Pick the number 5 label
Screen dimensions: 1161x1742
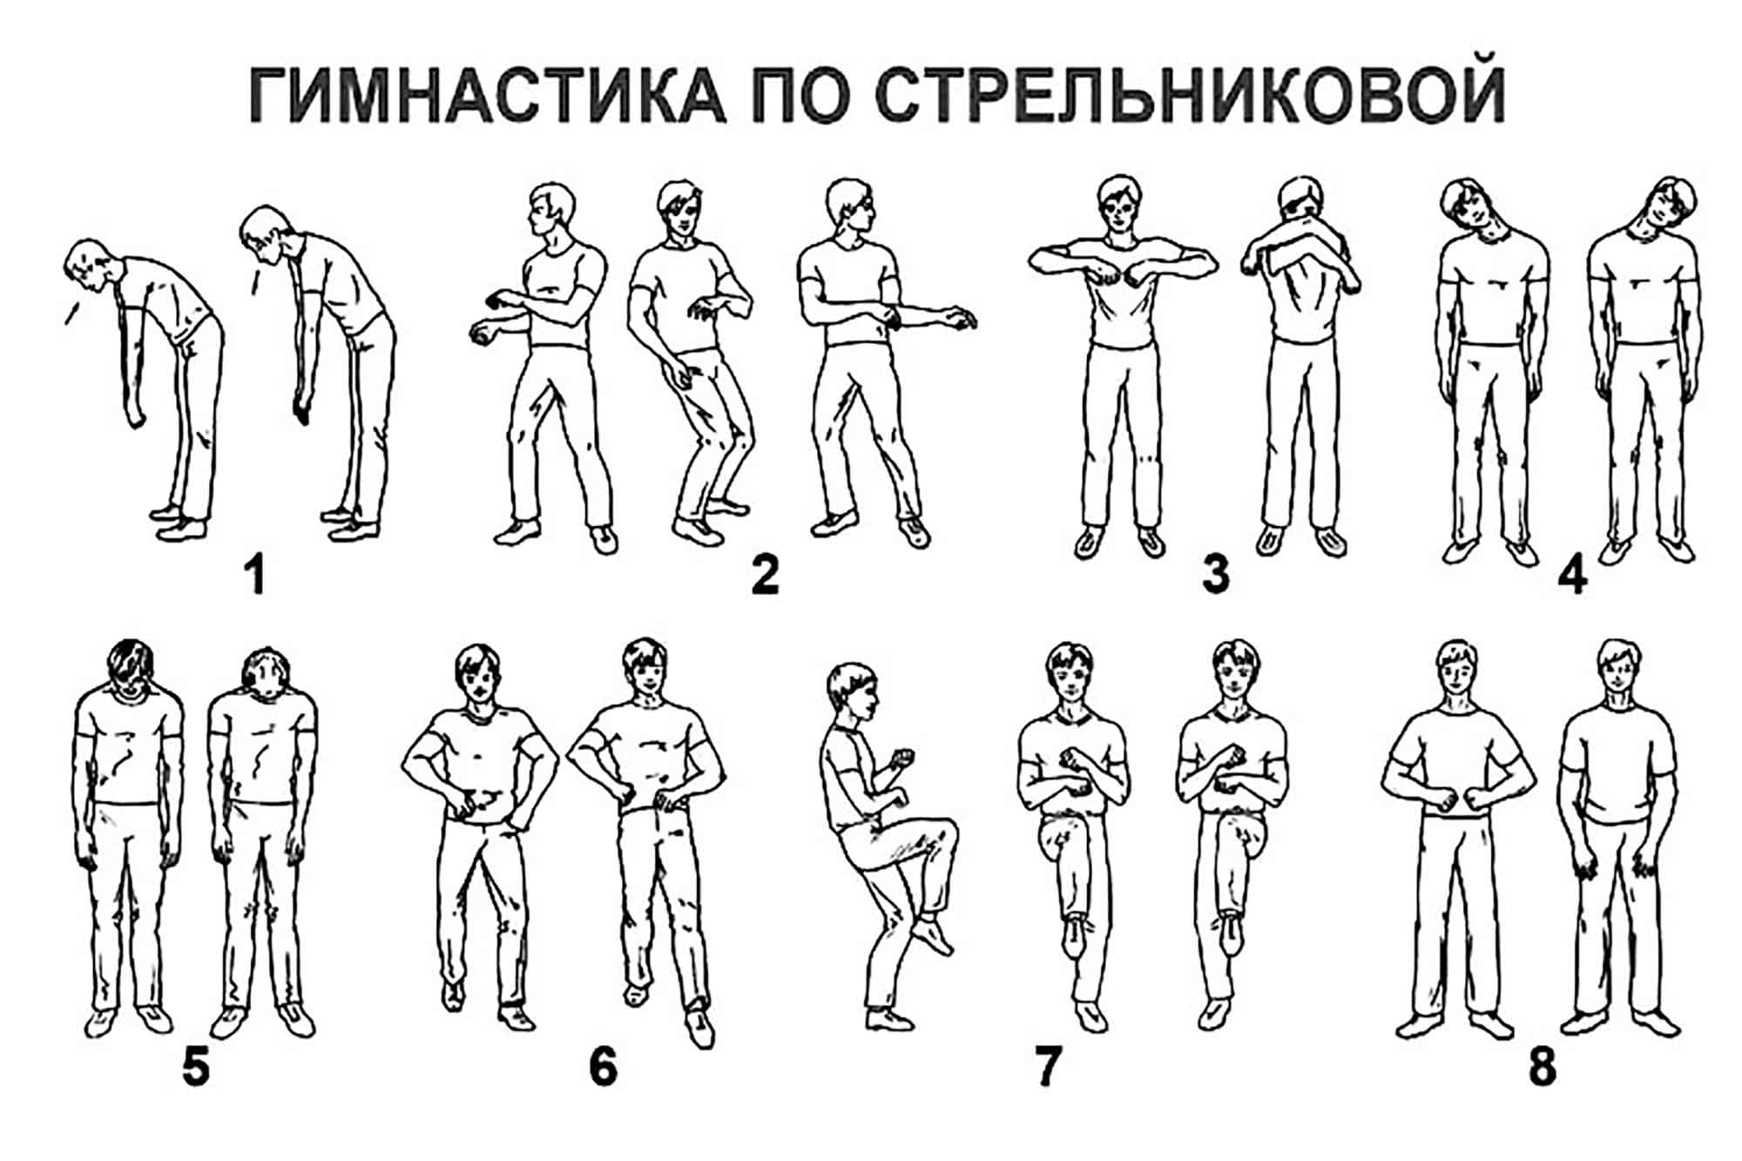click(x=196, y=1068)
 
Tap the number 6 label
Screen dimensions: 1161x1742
click(x=603, y=1068)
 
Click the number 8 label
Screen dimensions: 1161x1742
click(x=1542, y=1068)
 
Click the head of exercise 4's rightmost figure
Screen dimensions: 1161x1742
click(x=1665, y=209)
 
